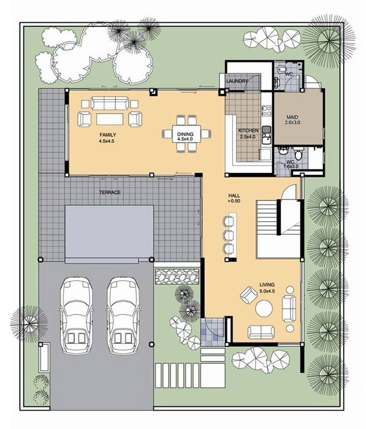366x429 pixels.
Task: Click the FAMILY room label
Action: (107, 138)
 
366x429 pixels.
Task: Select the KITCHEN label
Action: (248, 134)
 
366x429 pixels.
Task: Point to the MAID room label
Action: (292, 120)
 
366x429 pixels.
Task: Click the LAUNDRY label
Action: (237, 81)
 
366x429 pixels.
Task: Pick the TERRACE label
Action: (110, 192)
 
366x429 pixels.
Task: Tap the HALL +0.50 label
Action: (234, 198)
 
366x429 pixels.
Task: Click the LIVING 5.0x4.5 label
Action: (267, 288)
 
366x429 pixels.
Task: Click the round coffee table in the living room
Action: (264, 308)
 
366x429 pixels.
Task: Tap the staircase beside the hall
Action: (267, 229)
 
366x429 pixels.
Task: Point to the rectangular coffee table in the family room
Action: (110, 119)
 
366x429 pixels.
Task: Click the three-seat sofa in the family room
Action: (110, 103)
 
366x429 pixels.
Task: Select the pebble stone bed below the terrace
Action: (177, 276)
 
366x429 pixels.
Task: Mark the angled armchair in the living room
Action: (249, 295)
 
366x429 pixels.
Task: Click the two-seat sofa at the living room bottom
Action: (261, 332)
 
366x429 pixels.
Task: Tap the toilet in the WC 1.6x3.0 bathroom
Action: (298, 154)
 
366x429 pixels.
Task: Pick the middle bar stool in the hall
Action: (228, 235)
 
